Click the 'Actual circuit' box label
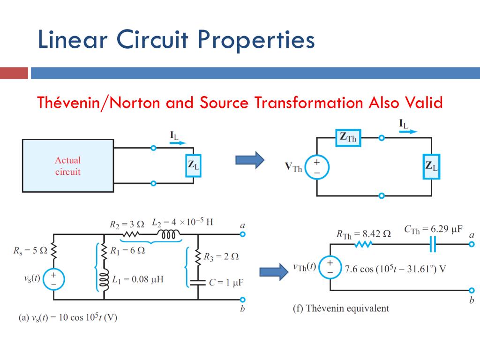coord(67,166)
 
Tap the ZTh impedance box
coord(348,137)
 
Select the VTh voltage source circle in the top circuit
coord(317,167)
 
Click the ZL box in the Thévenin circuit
coord(432,166)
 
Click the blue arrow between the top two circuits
coord(249,159)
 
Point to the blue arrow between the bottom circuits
coord(274,271)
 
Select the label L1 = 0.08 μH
coord(137,279)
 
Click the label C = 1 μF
coord(226,283)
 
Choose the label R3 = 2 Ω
coord(221,256)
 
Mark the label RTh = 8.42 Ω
coord(363,233)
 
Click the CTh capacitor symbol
coord(433,244)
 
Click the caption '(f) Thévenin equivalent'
coord(341,308)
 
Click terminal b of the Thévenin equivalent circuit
coord(472,290)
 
